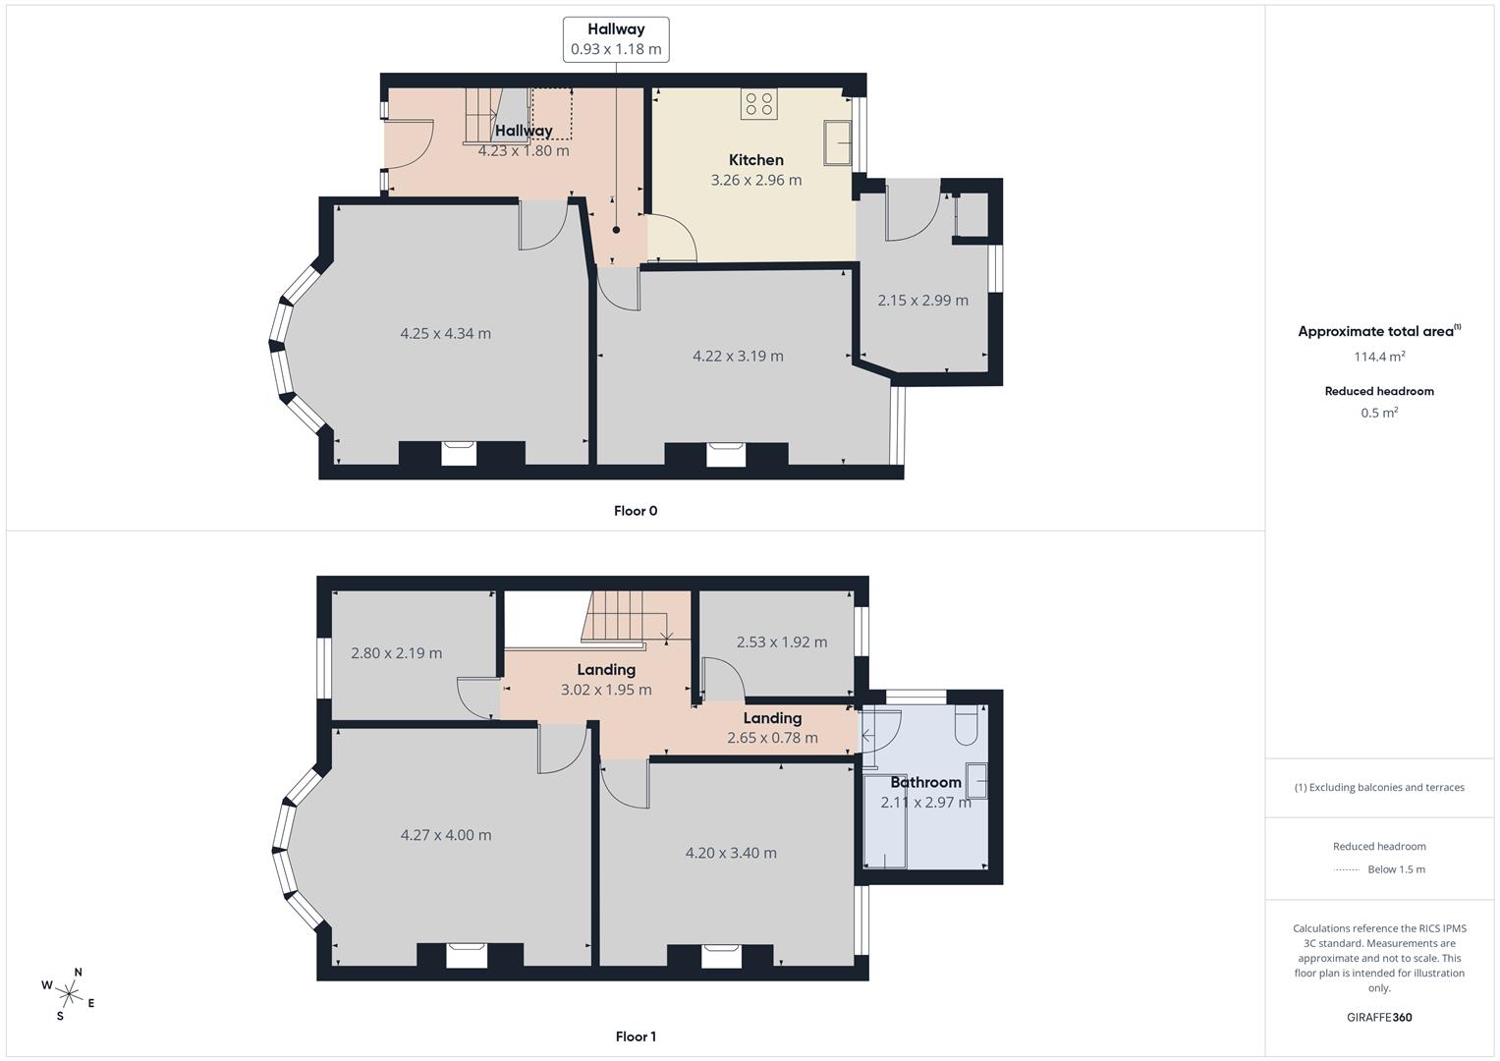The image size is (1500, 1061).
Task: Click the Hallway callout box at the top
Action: pos(616,39)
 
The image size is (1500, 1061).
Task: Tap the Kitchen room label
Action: pos(755,160)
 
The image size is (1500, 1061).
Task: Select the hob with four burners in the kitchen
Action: pos(758,104)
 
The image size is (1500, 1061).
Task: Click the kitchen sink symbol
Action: pos(838,142)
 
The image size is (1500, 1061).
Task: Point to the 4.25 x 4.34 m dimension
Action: pos(445,333)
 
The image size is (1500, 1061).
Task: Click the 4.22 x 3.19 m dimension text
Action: pos(738,356)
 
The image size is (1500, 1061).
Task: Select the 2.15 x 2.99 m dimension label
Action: pos(922,301)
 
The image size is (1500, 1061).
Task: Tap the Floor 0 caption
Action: pos(636,511)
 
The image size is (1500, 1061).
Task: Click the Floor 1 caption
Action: pos(636,1036)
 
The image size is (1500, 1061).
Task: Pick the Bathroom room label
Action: pos(925,782)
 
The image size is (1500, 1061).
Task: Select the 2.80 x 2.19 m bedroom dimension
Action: pos(396,653)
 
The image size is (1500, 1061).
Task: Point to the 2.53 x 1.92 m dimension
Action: pos(781,642)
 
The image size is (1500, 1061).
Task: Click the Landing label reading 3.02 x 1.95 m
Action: pos(606,680)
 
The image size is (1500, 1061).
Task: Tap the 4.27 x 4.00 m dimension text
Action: pos(446,835)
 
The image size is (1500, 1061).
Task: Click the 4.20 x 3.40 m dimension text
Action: pos(731,853)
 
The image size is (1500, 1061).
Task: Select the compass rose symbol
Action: pos(68,993)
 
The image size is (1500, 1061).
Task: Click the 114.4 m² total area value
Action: pos(1379,357)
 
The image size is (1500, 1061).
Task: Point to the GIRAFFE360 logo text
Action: pos(1379,1017)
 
